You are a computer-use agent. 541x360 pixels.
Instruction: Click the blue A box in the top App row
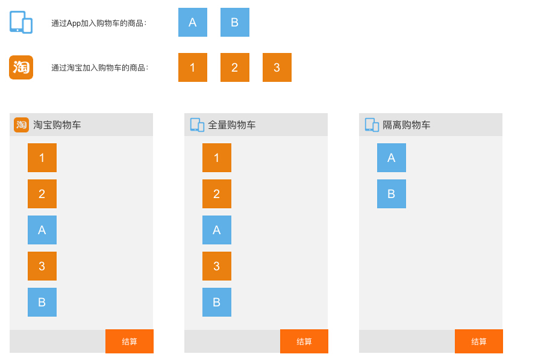tap(193, 22)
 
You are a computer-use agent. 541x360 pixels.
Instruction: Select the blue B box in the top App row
tap(235, 22)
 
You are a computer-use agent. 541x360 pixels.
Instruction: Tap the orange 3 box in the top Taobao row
tap(277, 67)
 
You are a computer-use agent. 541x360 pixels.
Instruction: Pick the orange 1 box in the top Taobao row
tap(193, 67)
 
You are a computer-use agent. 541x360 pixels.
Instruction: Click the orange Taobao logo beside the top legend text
tap(21, 67)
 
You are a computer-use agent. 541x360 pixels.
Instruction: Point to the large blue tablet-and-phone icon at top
tap(21, 22)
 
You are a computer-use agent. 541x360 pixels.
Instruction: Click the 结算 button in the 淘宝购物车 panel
tap(130, 341)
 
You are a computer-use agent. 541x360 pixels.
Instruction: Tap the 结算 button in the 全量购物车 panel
tap(304, 341)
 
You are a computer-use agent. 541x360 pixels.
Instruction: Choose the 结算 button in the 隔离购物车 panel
tap(479, 341)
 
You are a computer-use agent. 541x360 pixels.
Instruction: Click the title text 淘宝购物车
tap(57, 125)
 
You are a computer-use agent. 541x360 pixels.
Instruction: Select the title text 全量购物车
tap(232, 125)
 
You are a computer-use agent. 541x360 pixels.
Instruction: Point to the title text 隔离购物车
tap(407, 125)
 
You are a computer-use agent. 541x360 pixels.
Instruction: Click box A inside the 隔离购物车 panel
tap(392, 158)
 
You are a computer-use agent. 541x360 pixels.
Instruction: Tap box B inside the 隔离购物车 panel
tap(392, 194)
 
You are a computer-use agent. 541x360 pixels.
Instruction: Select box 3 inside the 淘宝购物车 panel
tap(42, 266)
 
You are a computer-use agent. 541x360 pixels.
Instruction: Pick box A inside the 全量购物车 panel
tap(217, 230)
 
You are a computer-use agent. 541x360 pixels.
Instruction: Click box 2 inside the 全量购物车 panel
tap(217, 194)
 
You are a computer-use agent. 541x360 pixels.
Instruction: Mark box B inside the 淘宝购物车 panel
tap(42, 302)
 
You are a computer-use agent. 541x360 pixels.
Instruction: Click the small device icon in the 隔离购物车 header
tap(372, 125)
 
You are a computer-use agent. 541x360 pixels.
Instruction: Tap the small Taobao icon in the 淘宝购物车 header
tap(21, 125)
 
